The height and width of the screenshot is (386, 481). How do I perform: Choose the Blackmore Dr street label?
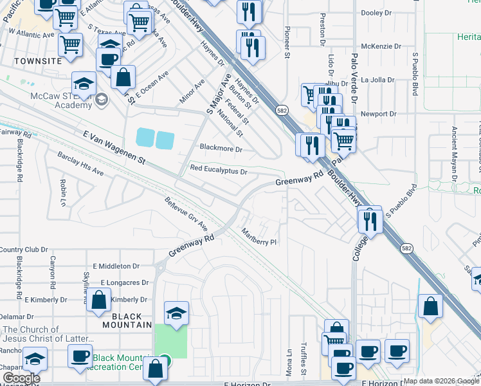[221, 149]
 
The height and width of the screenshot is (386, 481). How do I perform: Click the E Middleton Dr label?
[116, 266]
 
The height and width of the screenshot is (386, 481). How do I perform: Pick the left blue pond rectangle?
[145, 138]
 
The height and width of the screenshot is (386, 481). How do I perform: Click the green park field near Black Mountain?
[170, 341]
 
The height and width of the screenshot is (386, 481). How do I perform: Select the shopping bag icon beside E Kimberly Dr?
[98, 300]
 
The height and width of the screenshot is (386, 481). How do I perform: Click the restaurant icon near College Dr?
[370, 220]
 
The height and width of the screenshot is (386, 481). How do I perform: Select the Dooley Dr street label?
[377, 12]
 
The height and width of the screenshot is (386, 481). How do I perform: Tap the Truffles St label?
[304, 357]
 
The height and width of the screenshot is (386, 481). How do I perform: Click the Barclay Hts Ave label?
[80, 172]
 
